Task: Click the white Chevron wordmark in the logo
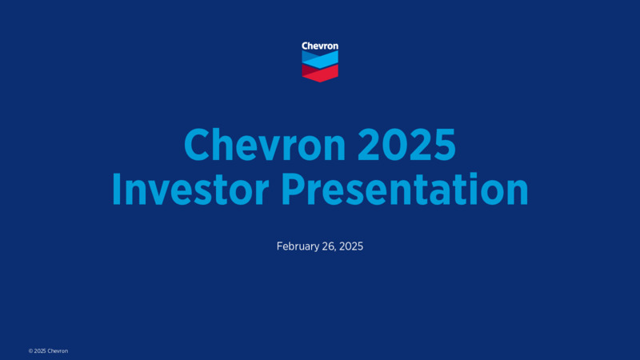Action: coord(320,46)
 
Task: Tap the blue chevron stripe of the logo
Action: coord(320,59)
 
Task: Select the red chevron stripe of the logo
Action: coord(320,73)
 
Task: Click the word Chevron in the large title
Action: coord(265,145)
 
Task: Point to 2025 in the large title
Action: coord(406,145)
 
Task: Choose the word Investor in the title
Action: coord(190,189)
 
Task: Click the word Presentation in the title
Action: coord(405,189)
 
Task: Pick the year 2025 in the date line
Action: coord(351,246)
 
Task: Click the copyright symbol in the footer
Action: coord(30,351)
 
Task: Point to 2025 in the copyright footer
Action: coord(40,351)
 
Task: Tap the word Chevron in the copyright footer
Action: coord(58,351)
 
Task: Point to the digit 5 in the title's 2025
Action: coord(445,145)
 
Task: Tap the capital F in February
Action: coord(279,246)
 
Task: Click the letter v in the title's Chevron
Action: coord(277,149)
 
